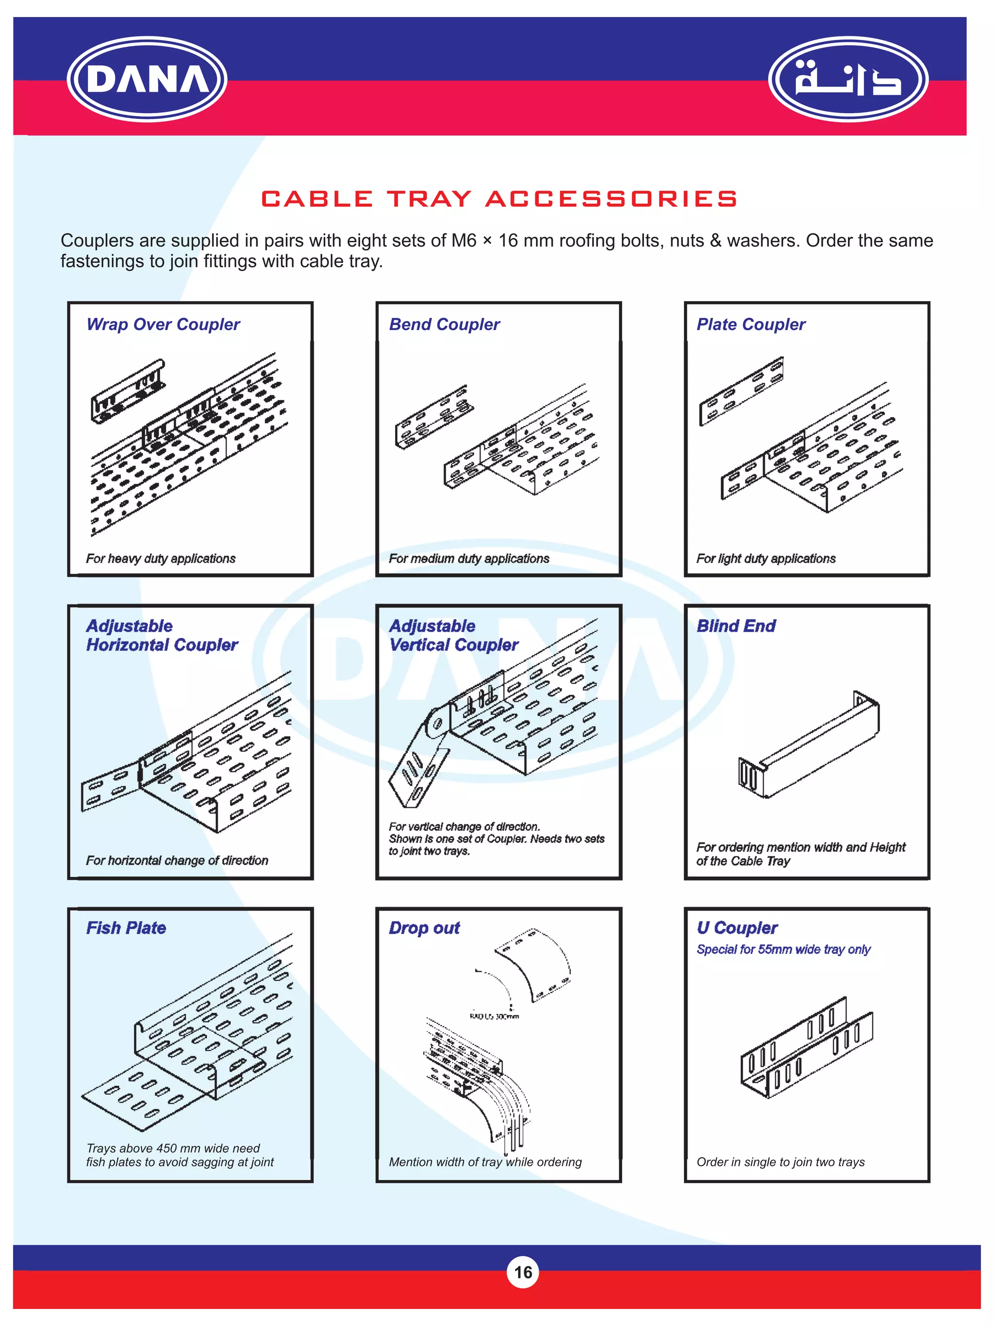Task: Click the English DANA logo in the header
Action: [147, 79]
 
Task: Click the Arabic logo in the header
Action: [847, 79]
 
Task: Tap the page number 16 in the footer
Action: [522, 1272]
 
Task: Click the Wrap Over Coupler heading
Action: [163, 324]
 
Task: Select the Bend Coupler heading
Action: [444, 324]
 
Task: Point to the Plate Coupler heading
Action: [751, 324]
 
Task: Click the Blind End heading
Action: [736, 626]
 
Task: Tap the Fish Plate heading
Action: [126, 928]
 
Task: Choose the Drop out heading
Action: [424, 928]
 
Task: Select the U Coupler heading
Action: [737, 928]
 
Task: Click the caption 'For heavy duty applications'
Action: [161, 559]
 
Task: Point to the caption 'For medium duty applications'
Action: [468, 559]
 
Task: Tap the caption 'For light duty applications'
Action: [766, 559]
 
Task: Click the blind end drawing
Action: [809, 746]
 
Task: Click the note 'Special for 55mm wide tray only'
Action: [783, 950]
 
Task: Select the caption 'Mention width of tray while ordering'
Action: [485, 1162]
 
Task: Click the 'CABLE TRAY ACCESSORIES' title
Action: [498, 199]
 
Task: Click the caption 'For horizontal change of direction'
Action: [177, 861]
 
